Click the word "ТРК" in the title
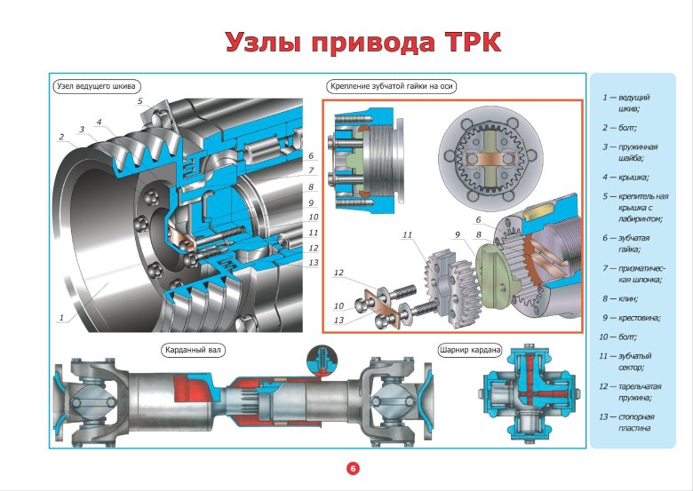(x=461, y=42)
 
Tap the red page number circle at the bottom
(x=352, y=468)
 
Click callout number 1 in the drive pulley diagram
(x=61, y=317)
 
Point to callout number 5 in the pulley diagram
(x=139, y=102)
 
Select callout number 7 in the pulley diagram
(x=312, y=170)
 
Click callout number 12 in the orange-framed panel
(x=339, y=273)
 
